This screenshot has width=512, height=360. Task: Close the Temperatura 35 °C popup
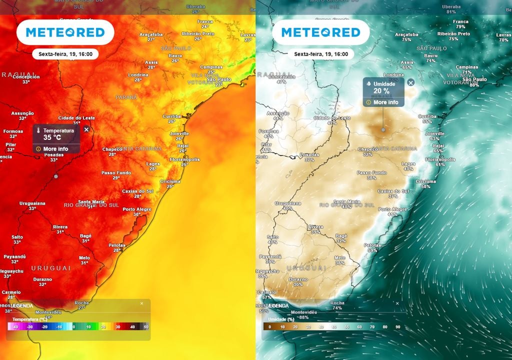pyautogui.click(x=86, y=129)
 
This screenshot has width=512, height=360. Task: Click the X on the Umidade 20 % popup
pyautogui.click(x=410, y=82)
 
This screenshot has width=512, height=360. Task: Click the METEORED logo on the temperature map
pyautogui.click(x=65, y=32)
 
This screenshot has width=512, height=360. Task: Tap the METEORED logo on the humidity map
pyautogui.click(x=320, y=32)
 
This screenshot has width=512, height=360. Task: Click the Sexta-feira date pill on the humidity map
pyautogui.click(x=321, y=54)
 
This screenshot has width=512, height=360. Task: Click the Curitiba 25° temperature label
pyautogui.click(x=171, y=118)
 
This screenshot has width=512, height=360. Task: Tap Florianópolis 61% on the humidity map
pyautogui.click(x=440, y=161)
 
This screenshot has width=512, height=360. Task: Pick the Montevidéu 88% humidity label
pyautogui.click(x=303, y=314)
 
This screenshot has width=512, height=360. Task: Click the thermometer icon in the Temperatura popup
pyautogui.click(x=39, y=131)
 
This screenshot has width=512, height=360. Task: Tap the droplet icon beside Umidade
pyautogui.click(x=368, y=84)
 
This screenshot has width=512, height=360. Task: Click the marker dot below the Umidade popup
pyautogui.click(x=383, y=129)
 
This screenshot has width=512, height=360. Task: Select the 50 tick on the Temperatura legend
pyautogui.click(x=146, y=327)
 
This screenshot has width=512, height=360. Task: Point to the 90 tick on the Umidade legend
pyautogui.click(x=397, y=327)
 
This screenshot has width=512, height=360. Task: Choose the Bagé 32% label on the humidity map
pyautogui.click(x=341, y=238)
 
